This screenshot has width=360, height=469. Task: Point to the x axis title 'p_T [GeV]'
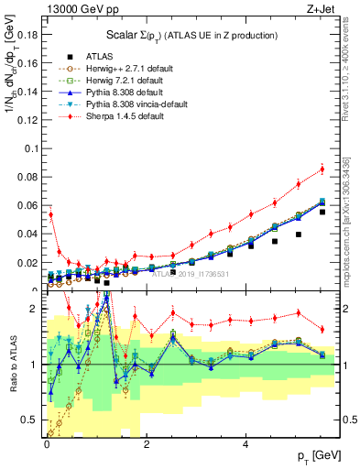(x=319, y=455)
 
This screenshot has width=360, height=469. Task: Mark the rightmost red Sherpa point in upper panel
(x=322, y=169)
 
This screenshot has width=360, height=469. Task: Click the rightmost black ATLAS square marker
(x=322, y=212)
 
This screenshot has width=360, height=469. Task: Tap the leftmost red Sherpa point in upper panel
(x=50, y=215)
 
